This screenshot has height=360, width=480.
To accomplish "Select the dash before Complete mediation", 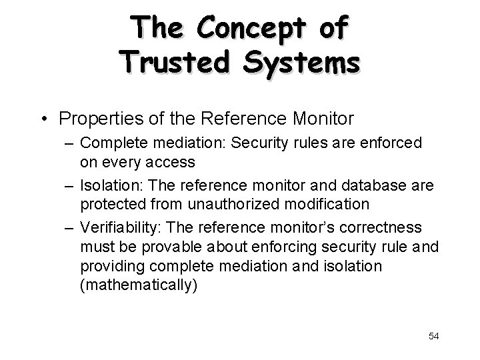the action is tap(70, 143).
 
